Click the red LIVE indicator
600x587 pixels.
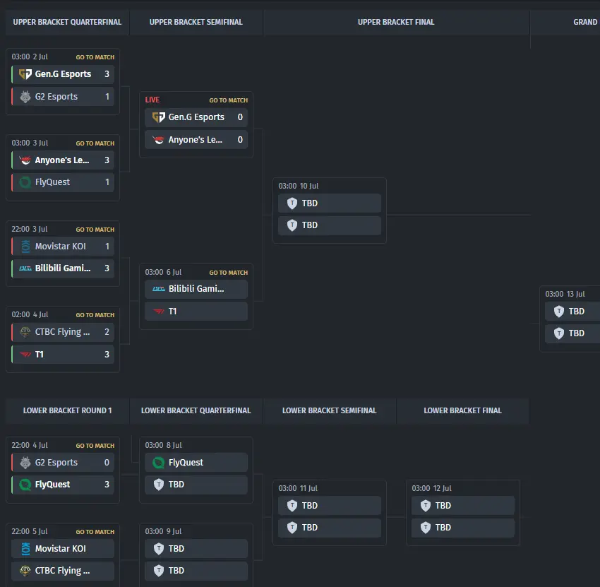pos(152,100)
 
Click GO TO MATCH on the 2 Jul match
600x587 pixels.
pos(95,57)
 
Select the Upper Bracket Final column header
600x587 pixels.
pos(396,22)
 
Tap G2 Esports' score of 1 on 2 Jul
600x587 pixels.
pos(107,97)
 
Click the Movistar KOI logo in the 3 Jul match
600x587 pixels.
pos(25,247)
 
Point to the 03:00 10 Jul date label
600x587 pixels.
pos(299,186)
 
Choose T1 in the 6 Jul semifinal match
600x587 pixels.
pos(172,312)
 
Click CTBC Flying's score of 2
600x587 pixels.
pos(107,332)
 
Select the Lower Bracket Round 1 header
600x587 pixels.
pos(67,410)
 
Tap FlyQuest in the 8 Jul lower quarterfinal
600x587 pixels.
pos(186,463)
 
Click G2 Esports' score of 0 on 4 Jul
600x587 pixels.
pos(107,463)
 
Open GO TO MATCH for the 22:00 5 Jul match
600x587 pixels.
pos(95,532)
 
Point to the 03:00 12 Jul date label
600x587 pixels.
pos(431,489)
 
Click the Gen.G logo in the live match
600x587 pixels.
pos(158,117)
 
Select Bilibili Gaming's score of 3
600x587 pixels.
pos(107,268)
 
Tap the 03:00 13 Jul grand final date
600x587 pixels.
pos(565,294)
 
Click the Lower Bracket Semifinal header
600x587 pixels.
pos(330,410)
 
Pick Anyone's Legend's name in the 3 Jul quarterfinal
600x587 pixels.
pos(62,160)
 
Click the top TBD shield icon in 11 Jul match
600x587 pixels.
pos(292,506)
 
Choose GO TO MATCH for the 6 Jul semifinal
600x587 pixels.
pos(229,273)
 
